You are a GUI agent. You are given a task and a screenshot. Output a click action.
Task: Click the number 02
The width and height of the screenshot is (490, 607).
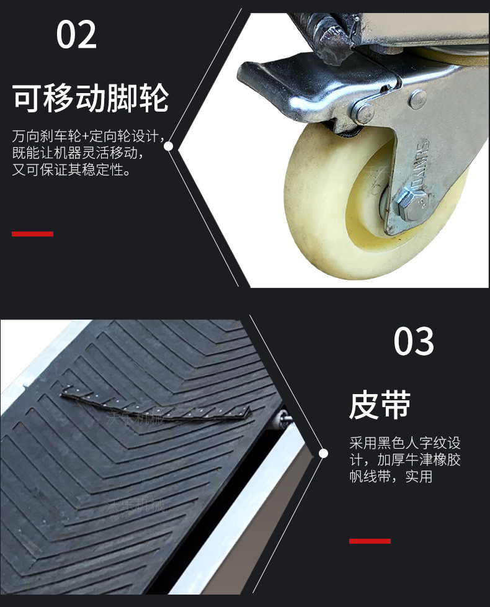click(77, 35)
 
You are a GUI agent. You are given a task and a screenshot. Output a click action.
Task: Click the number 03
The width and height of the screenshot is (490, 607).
click(414, 341)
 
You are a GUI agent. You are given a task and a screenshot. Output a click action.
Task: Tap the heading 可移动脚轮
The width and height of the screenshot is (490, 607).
click(91, 98)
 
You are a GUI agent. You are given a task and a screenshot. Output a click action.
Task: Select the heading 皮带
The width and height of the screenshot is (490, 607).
click(380, 405)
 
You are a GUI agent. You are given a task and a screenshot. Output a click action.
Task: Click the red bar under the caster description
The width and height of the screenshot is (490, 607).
click(32, 234)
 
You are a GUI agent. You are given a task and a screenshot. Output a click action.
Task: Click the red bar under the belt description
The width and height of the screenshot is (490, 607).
click(370, 541)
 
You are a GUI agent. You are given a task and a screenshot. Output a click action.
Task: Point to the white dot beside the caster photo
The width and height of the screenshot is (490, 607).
click(168, 146)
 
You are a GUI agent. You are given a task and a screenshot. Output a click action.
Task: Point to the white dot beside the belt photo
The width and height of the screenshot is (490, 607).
click(323, 454)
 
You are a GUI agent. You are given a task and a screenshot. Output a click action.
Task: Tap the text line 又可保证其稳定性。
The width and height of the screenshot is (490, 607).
click(71, 169)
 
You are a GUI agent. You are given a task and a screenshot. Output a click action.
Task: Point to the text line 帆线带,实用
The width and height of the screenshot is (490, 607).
click(391, 477)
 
